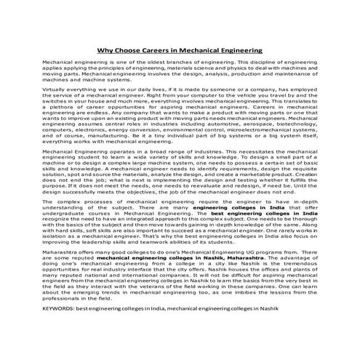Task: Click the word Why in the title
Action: [x=106, y=52]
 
